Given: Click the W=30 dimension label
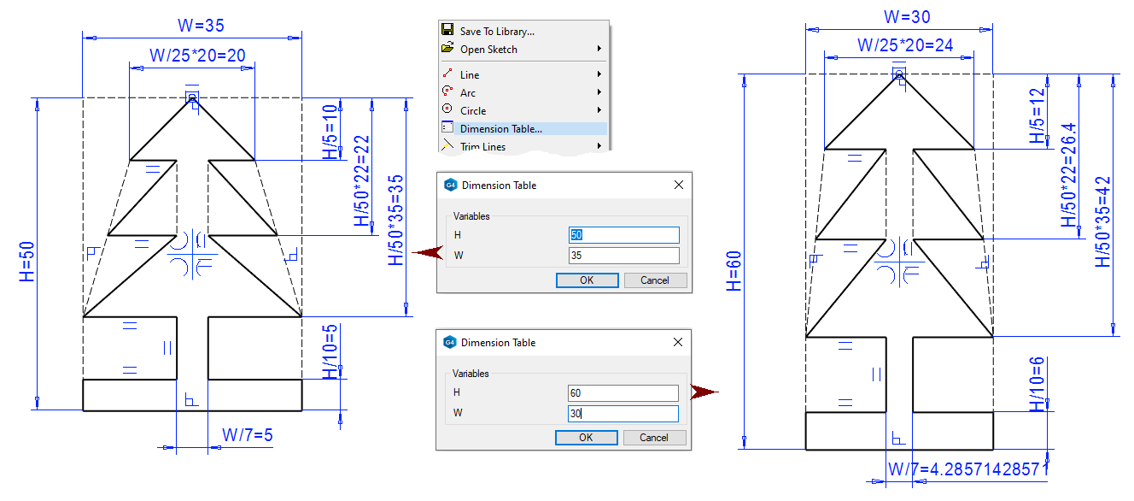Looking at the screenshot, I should click(907, 16).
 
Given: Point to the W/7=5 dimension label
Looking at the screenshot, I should click(247, 435).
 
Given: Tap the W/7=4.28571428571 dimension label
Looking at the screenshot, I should click(967, 469).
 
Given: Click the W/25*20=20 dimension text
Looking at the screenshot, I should click(197, 56).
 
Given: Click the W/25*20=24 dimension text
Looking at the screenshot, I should click(904, 44).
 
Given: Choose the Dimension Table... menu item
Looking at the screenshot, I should click(500, 129).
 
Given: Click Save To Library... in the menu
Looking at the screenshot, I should click(497, 32).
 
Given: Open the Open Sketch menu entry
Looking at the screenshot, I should click(488, 50).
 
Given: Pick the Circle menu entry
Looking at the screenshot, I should click(473, 111).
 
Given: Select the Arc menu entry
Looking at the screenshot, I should click(468, 93).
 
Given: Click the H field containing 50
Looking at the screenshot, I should click(623, 235).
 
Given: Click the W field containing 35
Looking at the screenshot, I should click(623, 255).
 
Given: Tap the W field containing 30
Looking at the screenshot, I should click(623, 413).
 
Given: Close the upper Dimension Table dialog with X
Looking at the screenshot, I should click(679, 185).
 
